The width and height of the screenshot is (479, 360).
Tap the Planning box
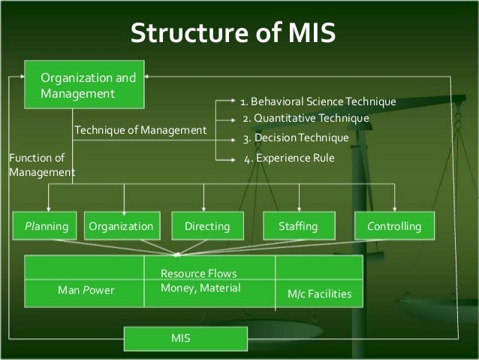47,225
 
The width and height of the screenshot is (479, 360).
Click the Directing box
202,225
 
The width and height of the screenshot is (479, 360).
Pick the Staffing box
298,225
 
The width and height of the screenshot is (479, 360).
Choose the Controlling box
394,225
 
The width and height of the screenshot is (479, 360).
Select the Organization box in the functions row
121,225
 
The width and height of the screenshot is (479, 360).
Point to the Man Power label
86,290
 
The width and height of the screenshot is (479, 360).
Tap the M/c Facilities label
320,294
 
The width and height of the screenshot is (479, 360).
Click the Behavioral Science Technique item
318,101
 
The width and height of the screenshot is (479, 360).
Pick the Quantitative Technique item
306,119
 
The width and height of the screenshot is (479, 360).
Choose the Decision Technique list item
296,138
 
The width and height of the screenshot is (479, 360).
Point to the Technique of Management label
140,131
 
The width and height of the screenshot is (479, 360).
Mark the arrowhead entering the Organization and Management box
149,76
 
